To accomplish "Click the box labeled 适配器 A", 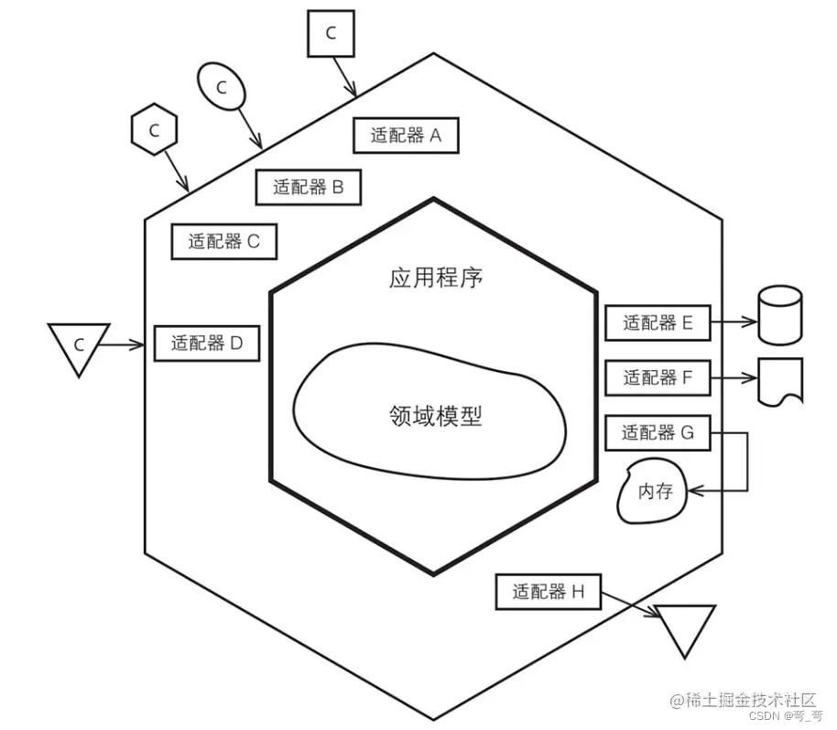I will click(405, 136).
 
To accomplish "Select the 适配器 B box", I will click(308, 188).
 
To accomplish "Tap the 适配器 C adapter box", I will click(224, 242).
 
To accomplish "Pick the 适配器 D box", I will click(207, 343).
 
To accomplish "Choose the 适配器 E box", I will click(658, 322).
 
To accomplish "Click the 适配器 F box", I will click(658, 376).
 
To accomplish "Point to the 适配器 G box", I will click(658, 432).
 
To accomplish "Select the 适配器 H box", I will click(548, 592).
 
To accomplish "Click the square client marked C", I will click(331, 33).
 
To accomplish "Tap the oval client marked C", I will click(221, 86).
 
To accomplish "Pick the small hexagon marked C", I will click(154, 130).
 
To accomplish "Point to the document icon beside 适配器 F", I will click(780, 379).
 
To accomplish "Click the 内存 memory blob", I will click(654, 492).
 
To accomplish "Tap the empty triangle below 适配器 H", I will click(685, 626).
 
